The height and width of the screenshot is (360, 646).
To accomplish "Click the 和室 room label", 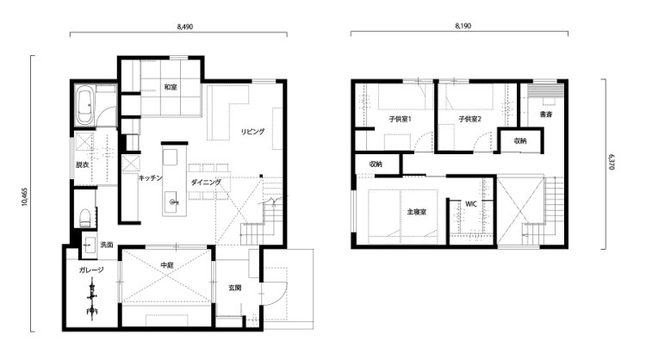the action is click(x=171, y=87).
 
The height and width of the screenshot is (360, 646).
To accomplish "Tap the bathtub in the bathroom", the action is click(x=84, y=106).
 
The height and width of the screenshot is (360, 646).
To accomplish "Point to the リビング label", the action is click(x=252, y=132).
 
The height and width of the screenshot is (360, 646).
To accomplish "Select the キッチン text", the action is click(x=150, y=178).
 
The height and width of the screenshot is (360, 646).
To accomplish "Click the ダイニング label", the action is click(x=206, y=182).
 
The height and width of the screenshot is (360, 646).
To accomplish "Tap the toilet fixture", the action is click(x=85, y=218).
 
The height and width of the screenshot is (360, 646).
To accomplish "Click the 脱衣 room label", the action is click(x=82, y=164).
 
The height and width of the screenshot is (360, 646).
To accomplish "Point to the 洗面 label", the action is click(x=107, y=245).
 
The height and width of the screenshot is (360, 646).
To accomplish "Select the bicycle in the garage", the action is click(x=92, y=297).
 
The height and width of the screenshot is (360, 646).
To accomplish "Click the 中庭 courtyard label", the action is click(x=167, y=265).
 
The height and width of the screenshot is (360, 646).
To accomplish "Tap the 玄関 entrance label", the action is click(x=235, y=288).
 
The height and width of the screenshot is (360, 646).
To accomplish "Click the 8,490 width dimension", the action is click(x=185, y=27).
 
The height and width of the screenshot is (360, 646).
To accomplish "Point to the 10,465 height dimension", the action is click(x=24, y=197).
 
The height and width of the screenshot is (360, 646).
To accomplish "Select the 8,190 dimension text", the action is click(x=463, y=26).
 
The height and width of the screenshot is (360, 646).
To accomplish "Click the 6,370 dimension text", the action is click(x=612, y=162).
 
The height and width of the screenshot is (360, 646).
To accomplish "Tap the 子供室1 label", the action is click(x=400, y=119).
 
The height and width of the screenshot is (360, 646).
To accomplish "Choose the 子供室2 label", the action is click(x=470, y=119).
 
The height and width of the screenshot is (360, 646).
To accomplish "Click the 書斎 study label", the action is click(x=546, y=115).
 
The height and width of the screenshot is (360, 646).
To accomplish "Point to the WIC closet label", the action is click(x=471, y=204).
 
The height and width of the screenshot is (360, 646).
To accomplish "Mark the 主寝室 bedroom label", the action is click(x=417, y=212).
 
